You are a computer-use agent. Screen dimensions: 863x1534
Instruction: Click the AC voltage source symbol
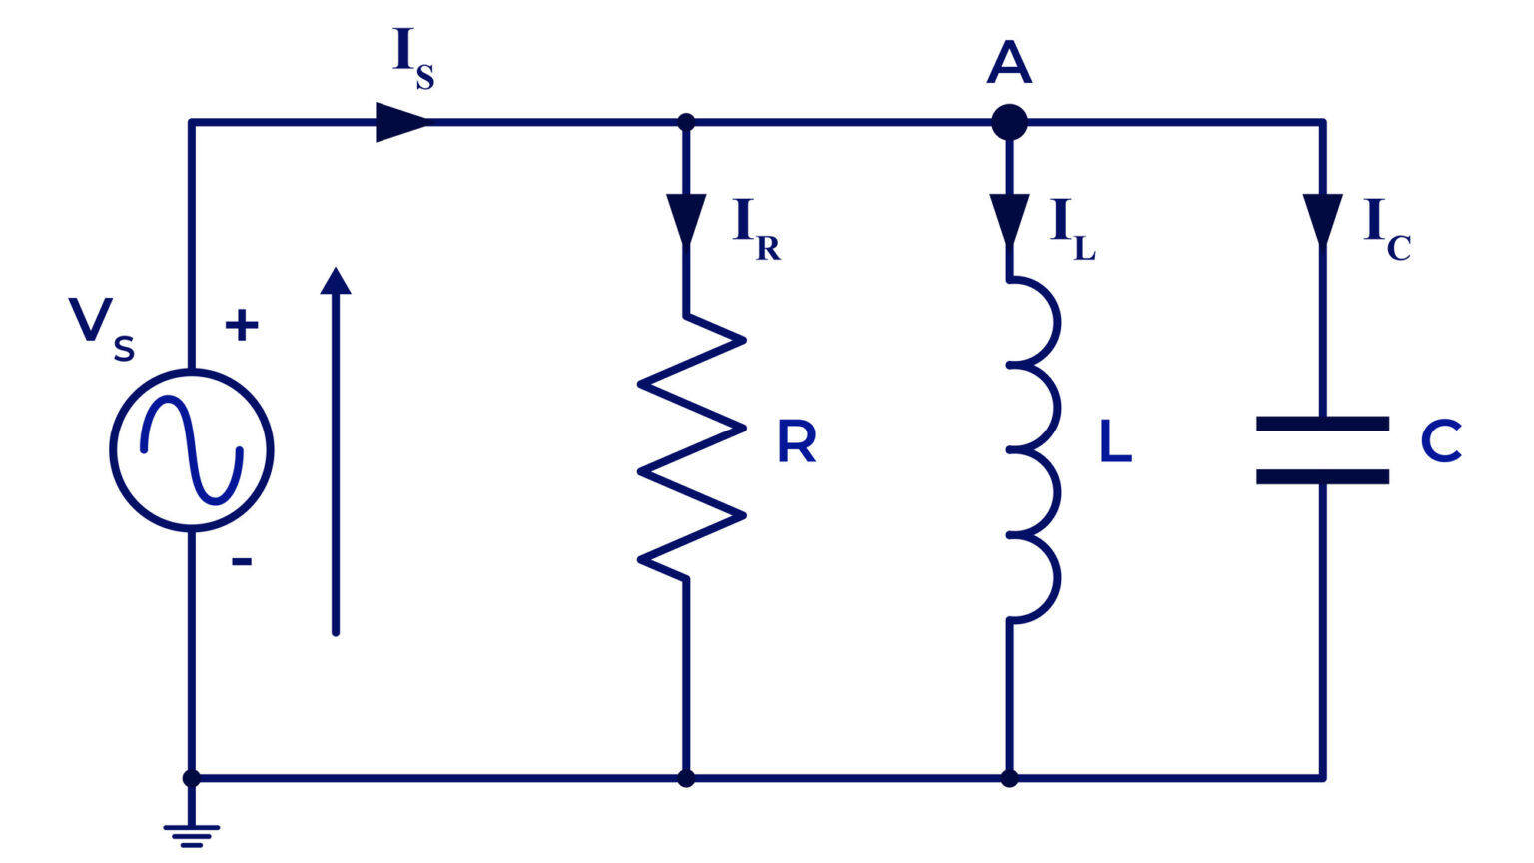pos(191,450)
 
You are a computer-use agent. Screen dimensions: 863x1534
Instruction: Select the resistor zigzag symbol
pos(691,447)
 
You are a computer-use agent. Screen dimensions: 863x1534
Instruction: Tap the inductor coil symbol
pos(1031,449)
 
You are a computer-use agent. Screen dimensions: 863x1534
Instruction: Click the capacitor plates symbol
pos(1322,450)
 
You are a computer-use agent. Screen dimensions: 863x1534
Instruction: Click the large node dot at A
pos(1009,123)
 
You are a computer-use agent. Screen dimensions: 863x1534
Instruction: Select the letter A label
pos(1009,62)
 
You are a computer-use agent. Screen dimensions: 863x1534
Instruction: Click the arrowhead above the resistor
pos(686,219)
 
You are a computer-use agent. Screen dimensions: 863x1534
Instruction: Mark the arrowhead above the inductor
pos(1009,219)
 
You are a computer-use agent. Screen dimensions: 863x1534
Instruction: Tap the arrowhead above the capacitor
pos(1322,219)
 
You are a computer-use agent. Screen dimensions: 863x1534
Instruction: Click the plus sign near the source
pos(242,325)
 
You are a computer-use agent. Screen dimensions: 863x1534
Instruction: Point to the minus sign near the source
pos(242,562)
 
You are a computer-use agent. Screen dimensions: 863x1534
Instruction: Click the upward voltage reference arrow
pos(336,449)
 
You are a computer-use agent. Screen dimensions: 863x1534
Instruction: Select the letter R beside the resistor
pos(796,442)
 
